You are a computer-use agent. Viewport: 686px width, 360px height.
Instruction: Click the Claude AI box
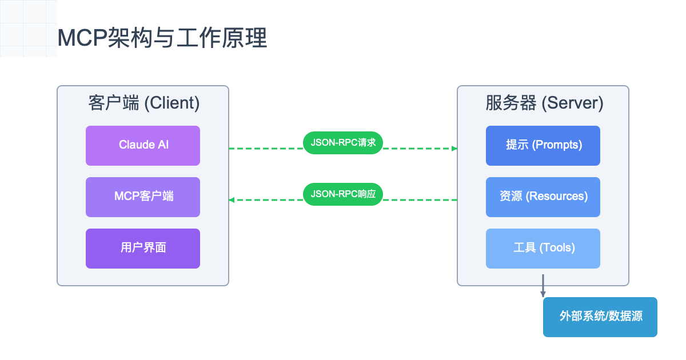pos(143,145)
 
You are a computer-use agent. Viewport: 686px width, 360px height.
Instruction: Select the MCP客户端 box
pos(143,197)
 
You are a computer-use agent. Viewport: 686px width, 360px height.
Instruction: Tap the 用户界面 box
pos(143,248)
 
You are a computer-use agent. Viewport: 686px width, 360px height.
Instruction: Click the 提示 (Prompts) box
pos(543,145)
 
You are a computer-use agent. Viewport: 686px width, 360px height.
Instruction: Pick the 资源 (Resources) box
pos(543,197)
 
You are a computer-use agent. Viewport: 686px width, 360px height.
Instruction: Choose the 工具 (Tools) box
pos(543,248)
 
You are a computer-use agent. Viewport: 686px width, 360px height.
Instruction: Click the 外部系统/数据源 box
pos(600,317)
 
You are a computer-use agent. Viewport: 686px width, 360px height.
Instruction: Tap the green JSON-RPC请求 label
pos(343,143)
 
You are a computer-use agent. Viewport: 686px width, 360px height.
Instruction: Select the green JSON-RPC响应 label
pos(343,194)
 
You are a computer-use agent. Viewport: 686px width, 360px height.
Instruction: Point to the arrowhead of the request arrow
pos(454,149)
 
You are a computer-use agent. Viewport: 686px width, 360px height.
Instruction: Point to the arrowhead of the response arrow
pos(232,200)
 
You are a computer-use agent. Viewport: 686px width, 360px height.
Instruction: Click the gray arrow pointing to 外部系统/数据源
pos(543,286)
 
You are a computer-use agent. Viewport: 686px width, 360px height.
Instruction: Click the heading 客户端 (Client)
pos(143,103)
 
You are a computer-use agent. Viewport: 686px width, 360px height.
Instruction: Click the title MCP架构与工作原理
pos(162,38)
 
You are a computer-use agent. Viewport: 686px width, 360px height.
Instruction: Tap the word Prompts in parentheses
pos(557,145)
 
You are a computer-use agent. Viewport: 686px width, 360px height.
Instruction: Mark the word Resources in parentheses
pos(557,197)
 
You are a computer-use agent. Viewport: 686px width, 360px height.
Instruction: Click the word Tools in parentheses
pos(557,248)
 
